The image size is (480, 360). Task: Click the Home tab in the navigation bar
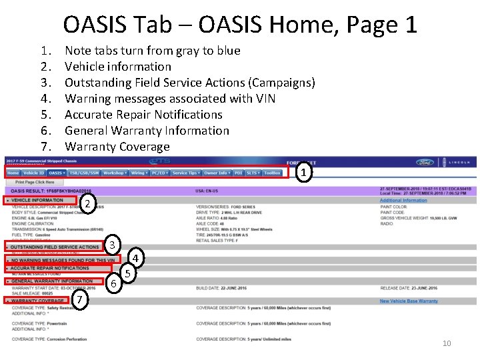13,173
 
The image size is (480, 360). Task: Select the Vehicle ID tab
34,173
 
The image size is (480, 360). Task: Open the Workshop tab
114,173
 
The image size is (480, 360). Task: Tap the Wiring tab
139,173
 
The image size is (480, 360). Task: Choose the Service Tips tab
185,173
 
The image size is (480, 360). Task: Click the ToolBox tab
272,173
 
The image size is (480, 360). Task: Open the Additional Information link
403,200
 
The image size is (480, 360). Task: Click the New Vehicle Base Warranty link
409,301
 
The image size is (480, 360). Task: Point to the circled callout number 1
303,173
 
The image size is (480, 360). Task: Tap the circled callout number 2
87,203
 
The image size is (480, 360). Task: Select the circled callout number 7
79,301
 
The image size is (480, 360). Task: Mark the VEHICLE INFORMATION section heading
37,200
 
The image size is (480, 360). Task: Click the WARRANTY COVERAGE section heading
37,301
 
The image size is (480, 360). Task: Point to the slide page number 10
447,343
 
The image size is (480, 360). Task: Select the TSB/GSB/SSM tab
83,173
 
